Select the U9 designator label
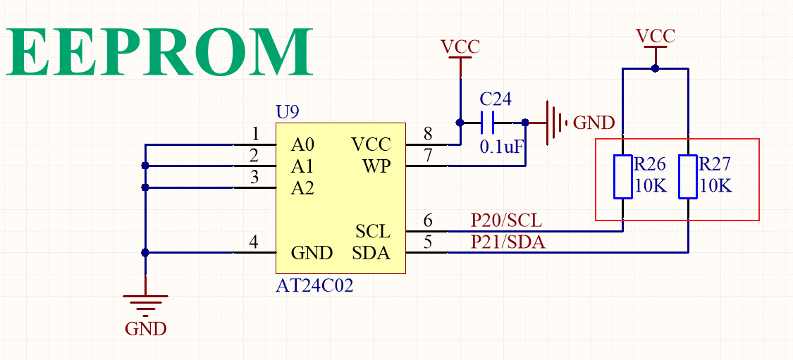[287, 112]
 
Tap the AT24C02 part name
[314, 286]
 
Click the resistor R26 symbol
[622, 177]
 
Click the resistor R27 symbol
[688, 177]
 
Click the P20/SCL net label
[507, 221]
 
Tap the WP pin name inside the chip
[376, 167]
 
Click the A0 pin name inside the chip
[302, 145]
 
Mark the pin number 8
[427, 134]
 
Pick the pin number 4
[254, 242]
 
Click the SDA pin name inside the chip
[371, 253]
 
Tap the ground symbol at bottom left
[146, 304]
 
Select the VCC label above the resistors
[655, 36]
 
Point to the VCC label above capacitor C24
[460, 46]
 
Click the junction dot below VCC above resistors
[656, 68]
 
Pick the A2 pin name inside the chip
[302, 189]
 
